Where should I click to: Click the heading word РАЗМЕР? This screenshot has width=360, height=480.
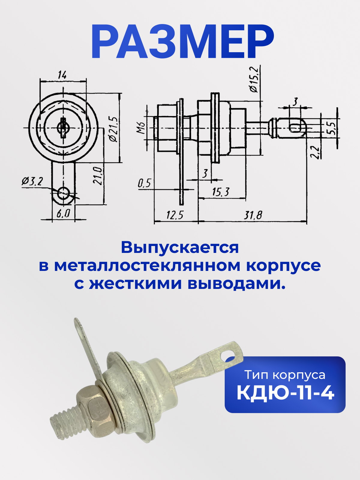click(x=182, y=42)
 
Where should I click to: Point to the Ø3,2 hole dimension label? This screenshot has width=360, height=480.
click(x=32, y=181)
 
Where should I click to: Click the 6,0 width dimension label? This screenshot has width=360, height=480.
click(x=63, y=213)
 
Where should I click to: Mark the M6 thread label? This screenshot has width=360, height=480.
click(x=141, y=128)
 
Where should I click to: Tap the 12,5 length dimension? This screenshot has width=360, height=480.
click(x=175, y=215)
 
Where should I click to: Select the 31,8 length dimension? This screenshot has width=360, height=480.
click(x=253, y=215)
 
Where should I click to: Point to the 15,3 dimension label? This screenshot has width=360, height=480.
click(x=221, y=192)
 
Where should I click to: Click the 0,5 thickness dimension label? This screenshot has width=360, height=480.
click(x=145, y=183)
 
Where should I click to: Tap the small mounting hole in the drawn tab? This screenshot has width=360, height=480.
click(x=63, y=193)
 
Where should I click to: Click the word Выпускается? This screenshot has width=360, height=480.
click(x=180, y=248)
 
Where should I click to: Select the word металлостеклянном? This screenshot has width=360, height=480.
click(x=147, y=266)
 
